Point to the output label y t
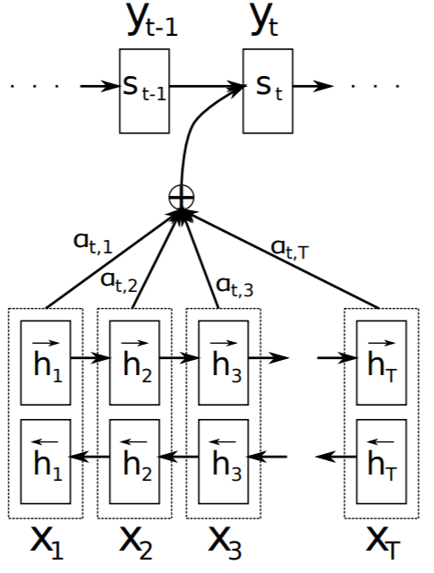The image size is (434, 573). click(x=265, y=22)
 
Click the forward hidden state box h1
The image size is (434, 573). click(x=44, y=361)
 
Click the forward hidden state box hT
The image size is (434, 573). click(x=381, y=361)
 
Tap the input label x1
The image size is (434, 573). click(x=45, y=543)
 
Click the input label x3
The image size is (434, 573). click(x=225, y=543)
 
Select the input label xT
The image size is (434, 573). click(x=382, y=543)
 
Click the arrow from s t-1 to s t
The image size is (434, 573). click(x=207, y=87)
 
